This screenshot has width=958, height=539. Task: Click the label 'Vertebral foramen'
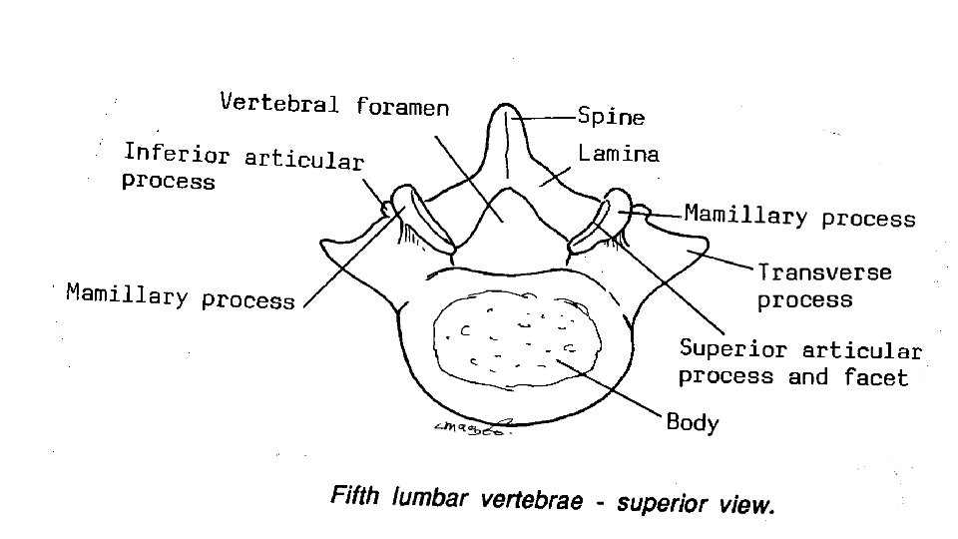click(334, 104)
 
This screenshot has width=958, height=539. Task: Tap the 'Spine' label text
click(611, 117)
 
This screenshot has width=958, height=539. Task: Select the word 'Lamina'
click(619, 155)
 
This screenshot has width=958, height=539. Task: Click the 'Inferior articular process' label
click(242, 166)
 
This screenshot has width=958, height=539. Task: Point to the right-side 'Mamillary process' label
click(799, 217)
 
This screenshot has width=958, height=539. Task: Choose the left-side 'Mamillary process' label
click(181, 295)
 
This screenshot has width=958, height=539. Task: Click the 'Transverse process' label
click(824, 285)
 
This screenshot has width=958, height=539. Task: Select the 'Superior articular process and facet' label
click(799, 362)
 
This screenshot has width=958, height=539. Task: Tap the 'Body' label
click(693, 422)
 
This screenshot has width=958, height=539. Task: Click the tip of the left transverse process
click(323, 246)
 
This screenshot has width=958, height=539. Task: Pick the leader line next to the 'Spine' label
click(544, 117)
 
